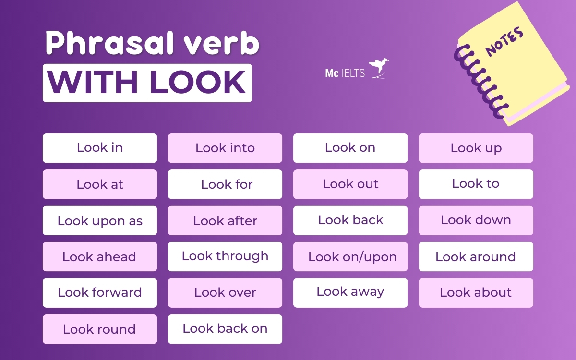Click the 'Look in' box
click(x=100, y=148)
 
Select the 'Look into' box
click(x=225, y=148)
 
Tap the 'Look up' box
click(x=476, y=148)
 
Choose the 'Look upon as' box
click(x=100, y=221)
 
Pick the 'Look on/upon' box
click(x=350, y=257)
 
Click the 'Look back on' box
click(x=225, y=329)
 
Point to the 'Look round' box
click(x=100, y=329)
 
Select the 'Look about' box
click(x=476, y=293)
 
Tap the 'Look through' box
click(x=225, y=256)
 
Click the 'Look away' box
click(x=350, y=292)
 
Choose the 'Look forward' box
click(x=100, y=293)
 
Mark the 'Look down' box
click(x=476, y=220)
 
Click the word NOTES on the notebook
click(x=504, y=42)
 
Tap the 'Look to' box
click(x=476, y=184)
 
